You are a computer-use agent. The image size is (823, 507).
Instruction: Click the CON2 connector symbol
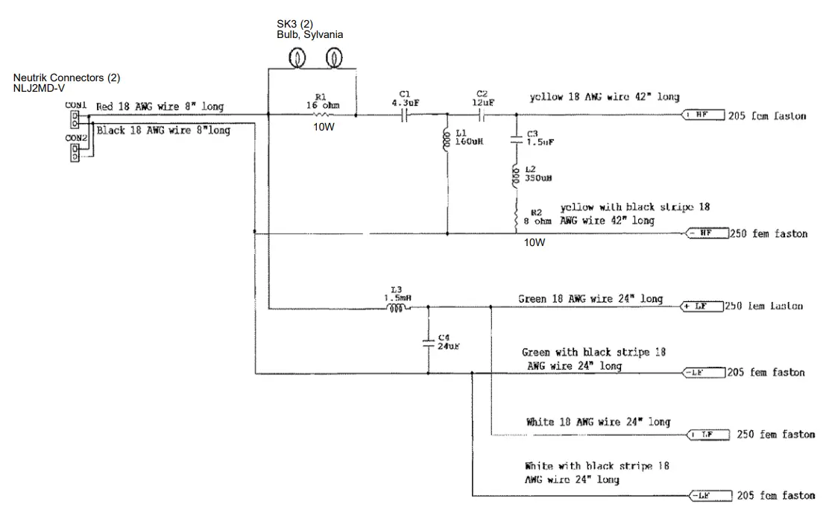click(75, 152)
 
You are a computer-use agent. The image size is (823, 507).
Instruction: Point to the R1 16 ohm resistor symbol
click(321, 116)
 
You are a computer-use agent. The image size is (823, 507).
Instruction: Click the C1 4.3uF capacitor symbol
click(407, 116)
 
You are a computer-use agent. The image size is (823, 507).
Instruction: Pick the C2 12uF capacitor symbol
click(482, 116)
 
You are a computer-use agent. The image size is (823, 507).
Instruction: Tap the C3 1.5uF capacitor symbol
click(515, 139)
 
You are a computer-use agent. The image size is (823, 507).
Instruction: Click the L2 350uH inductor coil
click(515, 177)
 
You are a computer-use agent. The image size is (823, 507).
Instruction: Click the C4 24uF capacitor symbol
click(429, 341)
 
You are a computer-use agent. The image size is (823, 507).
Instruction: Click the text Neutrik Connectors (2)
click(66, 78)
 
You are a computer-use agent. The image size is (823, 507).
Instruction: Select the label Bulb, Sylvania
click(310, 34)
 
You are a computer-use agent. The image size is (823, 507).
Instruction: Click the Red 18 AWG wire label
click(160, 107)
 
